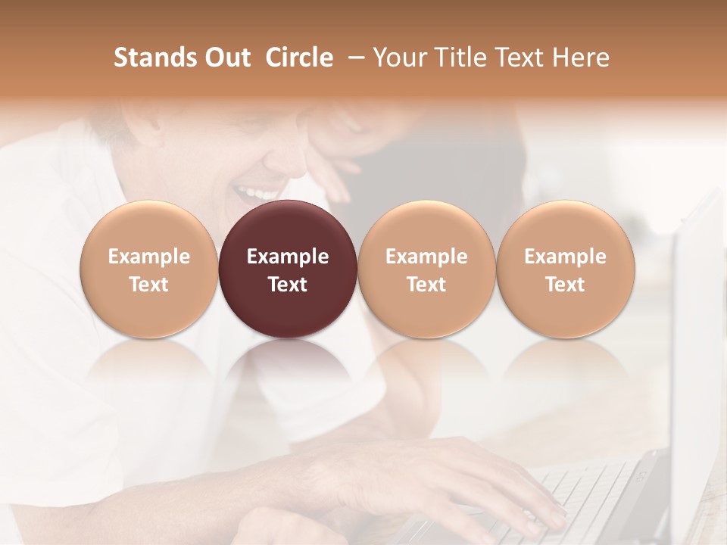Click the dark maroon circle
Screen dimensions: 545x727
coord(288,269)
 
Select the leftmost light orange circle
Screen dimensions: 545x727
coord(149,269)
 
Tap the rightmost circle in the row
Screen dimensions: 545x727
coord(566,269)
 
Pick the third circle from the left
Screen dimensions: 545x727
coord(426,269)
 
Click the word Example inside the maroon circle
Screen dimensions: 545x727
coord(288,257)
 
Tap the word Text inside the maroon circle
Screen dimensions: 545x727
coord(288,285)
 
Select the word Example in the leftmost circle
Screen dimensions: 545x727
coord(149,257)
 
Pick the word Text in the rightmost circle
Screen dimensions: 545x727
coord(566,285)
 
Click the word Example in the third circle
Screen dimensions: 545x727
coord(426,257)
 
